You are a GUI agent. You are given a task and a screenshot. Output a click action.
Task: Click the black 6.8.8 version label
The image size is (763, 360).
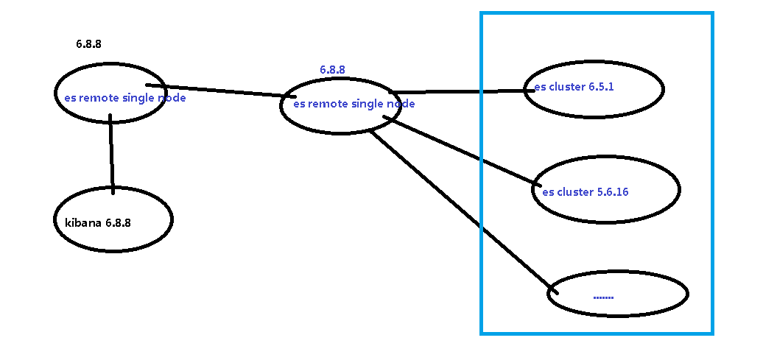[x=88, y=44]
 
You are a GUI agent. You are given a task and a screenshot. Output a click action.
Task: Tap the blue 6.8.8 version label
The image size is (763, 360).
[x=332, y=70]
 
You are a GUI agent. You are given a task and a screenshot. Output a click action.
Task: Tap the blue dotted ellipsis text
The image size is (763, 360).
[x=603, y=297]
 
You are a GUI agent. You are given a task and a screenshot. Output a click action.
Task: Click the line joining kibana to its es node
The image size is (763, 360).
[x=111, y=155]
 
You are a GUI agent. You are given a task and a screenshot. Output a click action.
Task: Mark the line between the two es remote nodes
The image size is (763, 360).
[x=221, y=91]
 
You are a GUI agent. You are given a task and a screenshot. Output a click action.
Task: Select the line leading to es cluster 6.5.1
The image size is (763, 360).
[x=457, y=92]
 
